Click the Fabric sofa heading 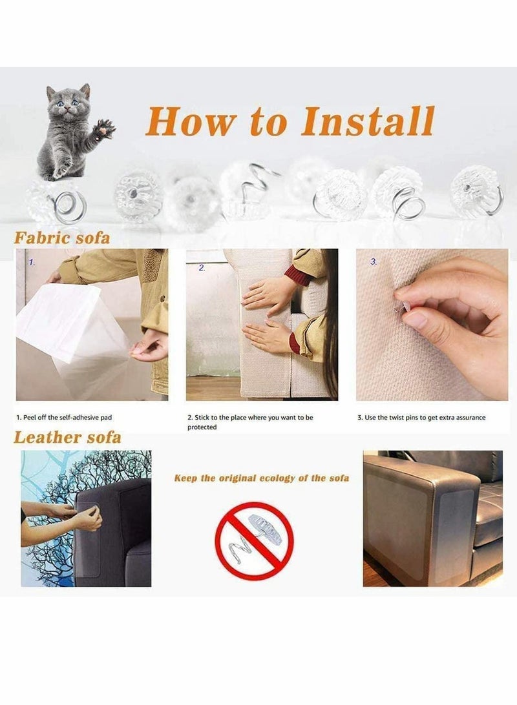tap(62, 238)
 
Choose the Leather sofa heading tap(67, 437)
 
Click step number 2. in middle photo tap(202, 267)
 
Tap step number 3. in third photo tap(374, 261)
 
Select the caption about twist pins tap(421, 418)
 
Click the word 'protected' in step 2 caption tap(202, 427)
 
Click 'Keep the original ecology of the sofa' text tap(261, 478)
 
